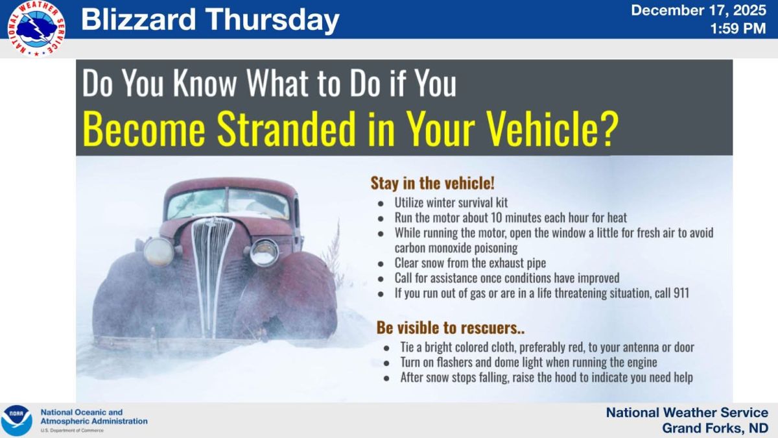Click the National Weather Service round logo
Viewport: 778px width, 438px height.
36,29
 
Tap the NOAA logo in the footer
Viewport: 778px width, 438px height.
16,420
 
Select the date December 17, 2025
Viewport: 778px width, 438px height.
698,10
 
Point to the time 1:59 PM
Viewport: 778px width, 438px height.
738,29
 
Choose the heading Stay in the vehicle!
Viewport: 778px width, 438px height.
432,183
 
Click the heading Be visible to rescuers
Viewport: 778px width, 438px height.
451,328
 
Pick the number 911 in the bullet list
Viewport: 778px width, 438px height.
681,293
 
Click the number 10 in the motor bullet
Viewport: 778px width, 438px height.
496,217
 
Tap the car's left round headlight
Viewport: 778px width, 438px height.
159,252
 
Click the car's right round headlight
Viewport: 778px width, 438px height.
265,252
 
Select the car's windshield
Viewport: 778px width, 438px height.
228,203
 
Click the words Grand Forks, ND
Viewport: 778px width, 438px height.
714,428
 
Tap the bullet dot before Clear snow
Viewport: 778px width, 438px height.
381,264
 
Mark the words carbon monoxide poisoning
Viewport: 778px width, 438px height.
456,248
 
